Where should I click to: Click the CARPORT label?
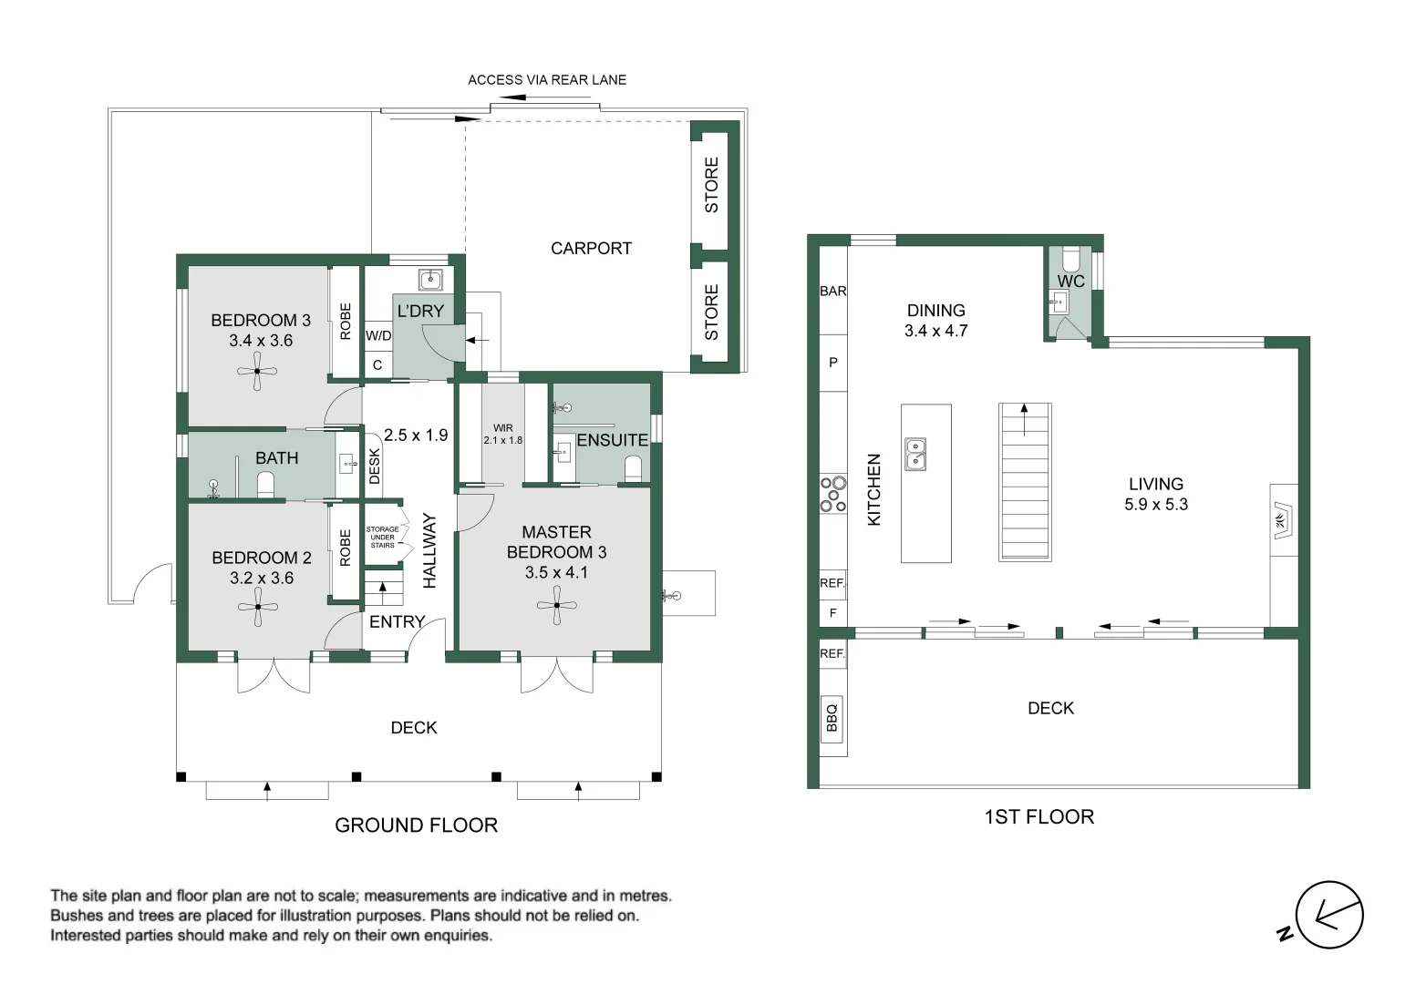[591, 248]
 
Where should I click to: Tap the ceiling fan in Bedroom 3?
[257, 371]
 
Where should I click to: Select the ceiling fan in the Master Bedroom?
[557, 605]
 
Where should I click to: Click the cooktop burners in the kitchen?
[832, 494]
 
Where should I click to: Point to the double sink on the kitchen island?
[915, 454]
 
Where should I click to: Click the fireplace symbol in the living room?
[1283, 521]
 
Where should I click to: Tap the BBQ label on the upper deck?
[832, 717]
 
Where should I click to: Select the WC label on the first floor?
[1070, 282]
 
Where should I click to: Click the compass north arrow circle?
[1329, 916]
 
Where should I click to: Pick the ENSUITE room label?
[612, 439]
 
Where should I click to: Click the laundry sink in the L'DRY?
[430, 279]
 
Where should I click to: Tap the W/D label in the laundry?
[378, 335]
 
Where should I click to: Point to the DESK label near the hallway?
[375, 466]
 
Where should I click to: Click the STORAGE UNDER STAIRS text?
[382, 537]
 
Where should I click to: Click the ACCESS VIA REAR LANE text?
[547, 80]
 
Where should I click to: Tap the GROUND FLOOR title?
[417, 825]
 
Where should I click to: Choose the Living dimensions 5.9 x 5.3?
[1155, 505]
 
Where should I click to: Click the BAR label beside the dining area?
[832, 292]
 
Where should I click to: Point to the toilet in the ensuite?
[633, 469]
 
